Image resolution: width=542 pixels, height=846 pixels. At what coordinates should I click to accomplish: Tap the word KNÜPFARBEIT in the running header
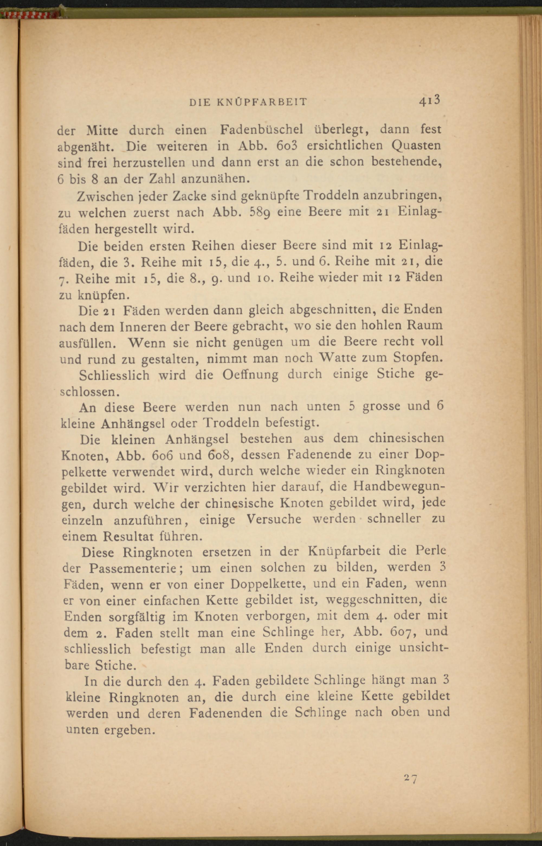pos(261,102)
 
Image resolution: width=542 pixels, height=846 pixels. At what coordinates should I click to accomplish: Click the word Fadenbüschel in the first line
pos(262,130)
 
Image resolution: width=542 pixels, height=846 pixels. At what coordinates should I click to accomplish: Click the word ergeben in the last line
pos(130,730)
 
